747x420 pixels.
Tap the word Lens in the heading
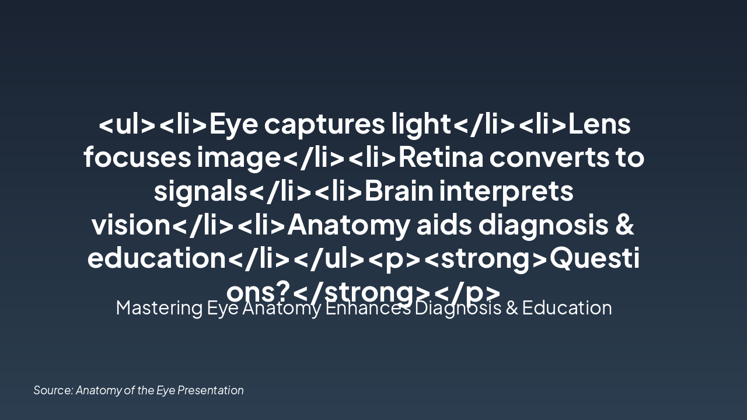(599, 124)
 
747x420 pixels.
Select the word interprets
(507, 191)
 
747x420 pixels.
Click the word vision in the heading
(130, 225)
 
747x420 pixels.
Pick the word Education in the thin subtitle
(567, 308)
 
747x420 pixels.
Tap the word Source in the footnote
(53, 390)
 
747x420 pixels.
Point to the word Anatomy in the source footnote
(99, 390)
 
